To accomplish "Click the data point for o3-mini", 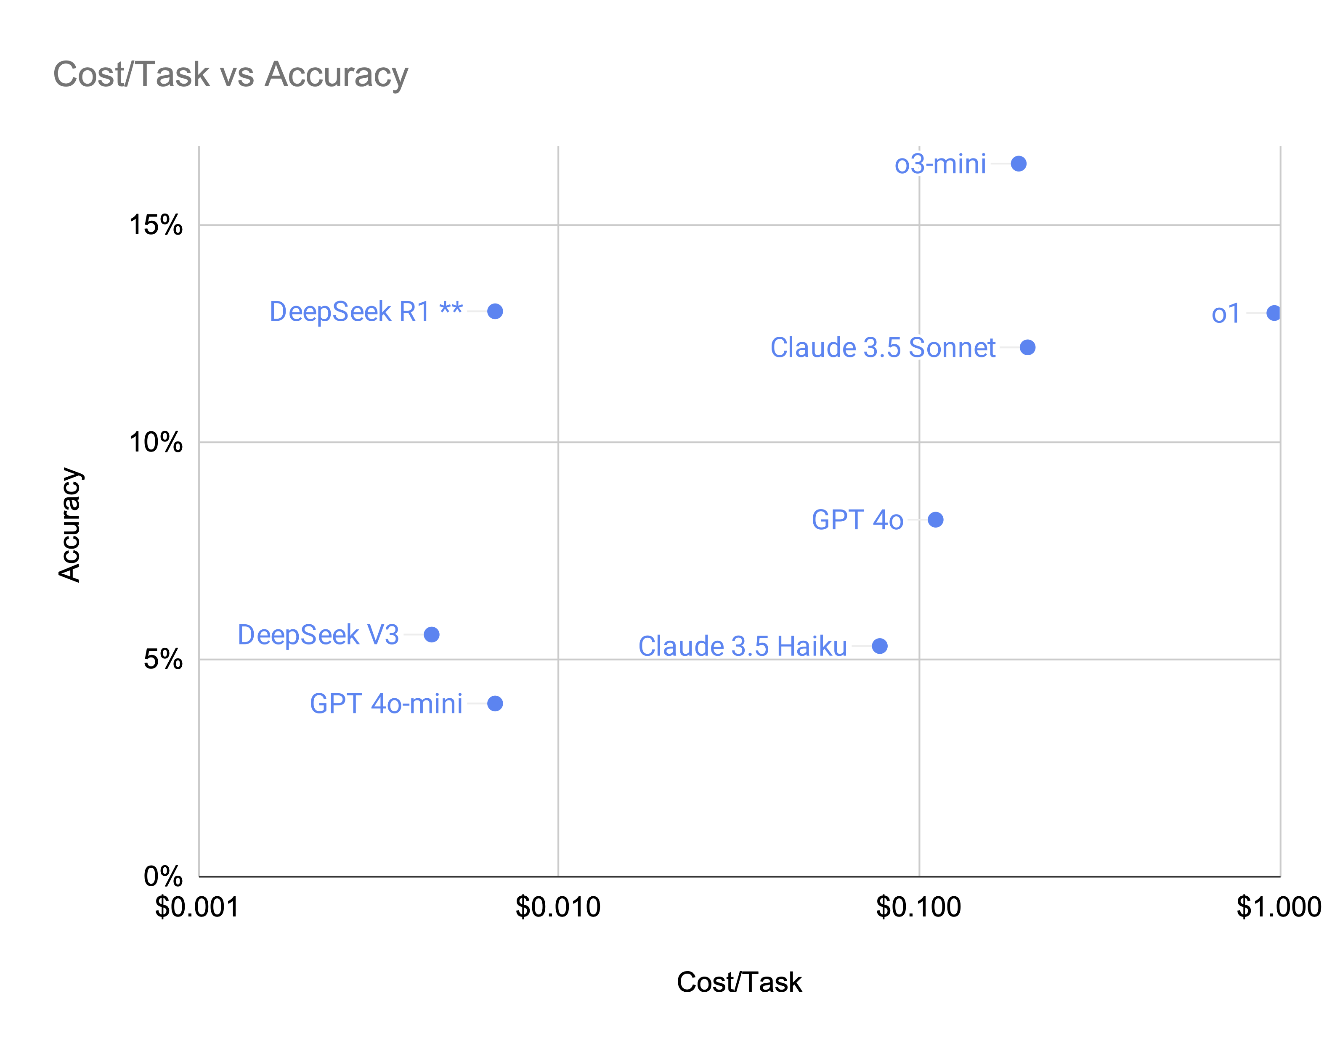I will click(1018, 164).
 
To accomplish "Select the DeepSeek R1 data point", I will click(494, 312).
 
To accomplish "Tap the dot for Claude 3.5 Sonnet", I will click(1027, 347).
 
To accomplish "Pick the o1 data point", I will click(1273, 313).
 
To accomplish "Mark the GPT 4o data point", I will click(935, 520).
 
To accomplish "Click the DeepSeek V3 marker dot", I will click(431, 634).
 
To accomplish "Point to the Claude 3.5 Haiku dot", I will click(879, 646).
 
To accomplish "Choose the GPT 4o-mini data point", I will click(494, 703).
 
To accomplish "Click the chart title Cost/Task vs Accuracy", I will click(230, 74).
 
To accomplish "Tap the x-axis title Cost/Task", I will click(738, 982).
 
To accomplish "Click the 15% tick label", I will click(156, 225).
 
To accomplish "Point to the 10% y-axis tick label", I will click(156, 442).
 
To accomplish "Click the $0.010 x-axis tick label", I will click(557, 907).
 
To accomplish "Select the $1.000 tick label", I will click(1279, 907).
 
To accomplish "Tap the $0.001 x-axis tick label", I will click(197, 907).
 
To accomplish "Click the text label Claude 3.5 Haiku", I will click(742, 646).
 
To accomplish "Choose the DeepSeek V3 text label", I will click(318, 634).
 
